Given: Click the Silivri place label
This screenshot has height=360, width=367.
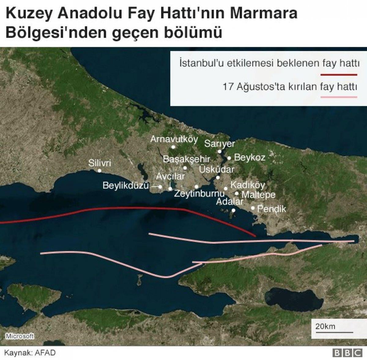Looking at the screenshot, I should click(99, 163).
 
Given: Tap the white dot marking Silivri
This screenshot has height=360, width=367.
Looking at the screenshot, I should click(99, 171).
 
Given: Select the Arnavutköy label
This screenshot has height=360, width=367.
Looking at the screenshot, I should click(174, 139).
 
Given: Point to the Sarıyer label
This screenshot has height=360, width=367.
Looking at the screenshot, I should click(220, 143).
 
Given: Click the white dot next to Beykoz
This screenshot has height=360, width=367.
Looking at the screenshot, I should click(229, 158).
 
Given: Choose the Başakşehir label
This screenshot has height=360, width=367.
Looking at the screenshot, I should click(186, 159).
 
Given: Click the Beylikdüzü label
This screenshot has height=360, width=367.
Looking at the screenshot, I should click(126, 185).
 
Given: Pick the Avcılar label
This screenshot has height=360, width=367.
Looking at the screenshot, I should click(170, 176).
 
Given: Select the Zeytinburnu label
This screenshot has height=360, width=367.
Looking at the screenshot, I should click(199, 194).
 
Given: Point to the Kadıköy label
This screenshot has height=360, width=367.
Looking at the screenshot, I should click(247, 185).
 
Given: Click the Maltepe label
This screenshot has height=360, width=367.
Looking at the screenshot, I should click(258, 195).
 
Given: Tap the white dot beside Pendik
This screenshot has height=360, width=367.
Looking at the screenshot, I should click(253, 208).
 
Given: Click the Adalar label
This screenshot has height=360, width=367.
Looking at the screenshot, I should click(230, 202).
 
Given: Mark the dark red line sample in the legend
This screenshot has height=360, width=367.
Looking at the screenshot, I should click(339, 75).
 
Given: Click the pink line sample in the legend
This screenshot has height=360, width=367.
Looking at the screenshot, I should click(339, 97).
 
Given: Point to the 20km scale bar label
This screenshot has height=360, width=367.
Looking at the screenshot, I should click(325, 326).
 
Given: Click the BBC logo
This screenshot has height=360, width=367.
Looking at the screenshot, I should click(347, 353).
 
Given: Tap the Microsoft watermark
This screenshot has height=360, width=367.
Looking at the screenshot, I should click(20, 336).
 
